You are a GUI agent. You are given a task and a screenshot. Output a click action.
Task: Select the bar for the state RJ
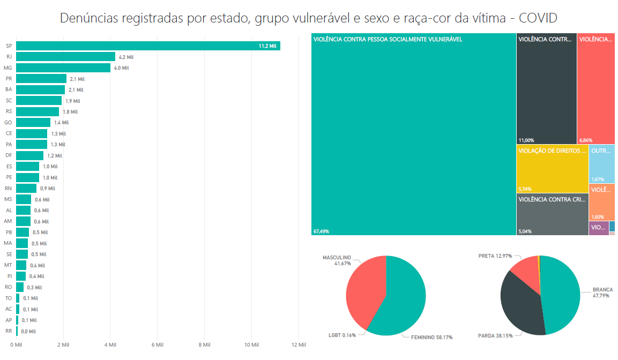[x=65, y=57]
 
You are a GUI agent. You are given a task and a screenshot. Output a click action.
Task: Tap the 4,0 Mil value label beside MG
[x=122, y=68]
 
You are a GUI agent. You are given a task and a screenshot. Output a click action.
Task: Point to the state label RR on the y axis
[x=9, y=331]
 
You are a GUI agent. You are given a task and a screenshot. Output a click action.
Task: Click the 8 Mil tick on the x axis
[x=204, y=344]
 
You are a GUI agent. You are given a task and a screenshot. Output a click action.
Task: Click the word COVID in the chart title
[x=539, y=18]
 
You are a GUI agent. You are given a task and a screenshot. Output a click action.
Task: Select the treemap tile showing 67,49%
[x=413, y=134]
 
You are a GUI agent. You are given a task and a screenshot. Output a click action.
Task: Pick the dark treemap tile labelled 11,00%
[x=546, y=88]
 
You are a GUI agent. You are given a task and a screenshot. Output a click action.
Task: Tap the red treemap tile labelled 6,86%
[x=596, y=88]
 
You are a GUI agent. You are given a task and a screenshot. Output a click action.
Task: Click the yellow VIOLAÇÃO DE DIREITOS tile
[x=552, y=169]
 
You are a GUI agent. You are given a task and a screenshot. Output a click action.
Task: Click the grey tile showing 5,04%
[x=552, y=214]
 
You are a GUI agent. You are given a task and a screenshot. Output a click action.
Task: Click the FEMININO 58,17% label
[x=431, y=337]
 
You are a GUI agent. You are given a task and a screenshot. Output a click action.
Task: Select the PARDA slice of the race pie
[x=520, y=305]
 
